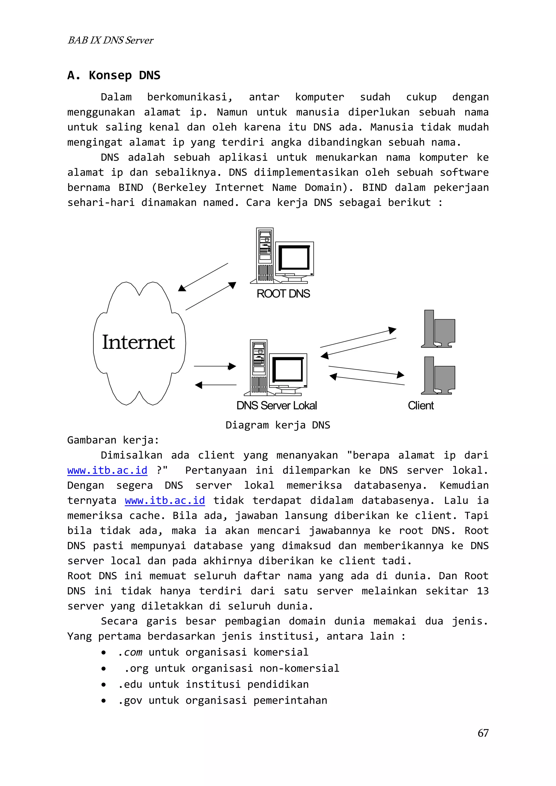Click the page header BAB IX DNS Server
click(110, 40)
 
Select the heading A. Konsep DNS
click(114, 75)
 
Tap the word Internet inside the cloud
click(138, 342)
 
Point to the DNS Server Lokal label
click(276, 406)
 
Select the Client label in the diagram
click(421, 406)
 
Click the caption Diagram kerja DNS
click(277, 425)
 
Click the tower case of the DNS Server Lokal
click(259, 367)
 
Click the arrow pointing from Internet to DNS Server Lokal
click(215, 366)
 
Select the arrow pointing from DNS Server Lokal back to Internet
click(216, 385)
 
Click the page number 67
click(483, 733)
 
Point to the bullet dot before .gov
click(103, 701)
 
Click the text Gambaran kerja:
click(113, 440)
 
